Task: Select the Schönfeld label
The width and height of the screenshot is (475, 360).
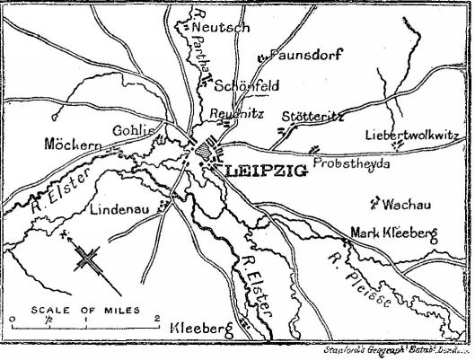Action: click(245, 86)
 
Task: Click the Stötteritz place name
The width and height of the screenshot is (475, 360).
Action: click(315, 118)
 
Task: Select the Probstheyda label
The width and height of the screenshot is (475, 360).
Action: click(350, 166)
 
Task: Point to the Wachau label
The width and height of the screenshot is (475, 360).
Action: click(402, 206)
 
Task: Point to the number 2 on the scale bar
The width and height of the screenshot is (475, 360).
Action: click(157, 320)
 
